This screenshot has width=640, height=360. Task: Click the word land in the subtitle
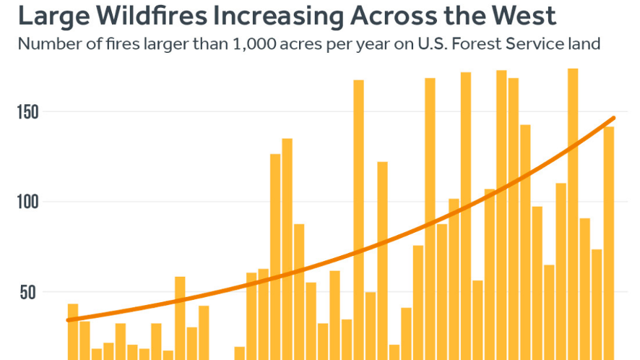coord(584,43)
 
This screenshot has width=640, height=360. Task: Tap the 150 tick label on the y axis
coord(27,112)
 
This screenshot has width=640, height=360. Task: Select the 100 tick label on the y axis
coord(27,202)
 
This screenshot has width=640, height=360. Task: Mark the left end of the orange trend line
coord(67,320)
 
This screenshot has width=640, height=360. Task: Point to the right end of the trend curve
coord(614,118)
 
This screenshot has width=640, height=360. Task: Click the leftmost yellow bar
coord(73,332)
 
